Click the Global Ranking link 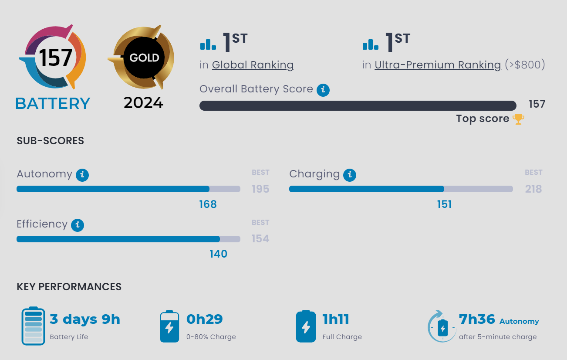tap(253, 65)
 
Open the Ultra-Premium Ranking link tap(437, 65)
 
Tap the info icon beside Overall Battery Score tap(323, 90)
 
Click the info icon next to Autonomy tap(82, 175)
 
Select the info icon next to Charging tap(349, 175)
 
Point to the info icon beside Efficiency tap(78, 225)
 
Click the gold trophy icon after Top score tap(518, 119)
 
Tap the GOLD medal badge tap(144, 58)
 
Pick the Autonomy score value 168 tap(208, 204)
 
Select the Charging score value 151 tap(444, 204)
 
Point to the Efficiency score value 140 tap(218, 254)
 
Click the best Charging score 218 tap(533, 189)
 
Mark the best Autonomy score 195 tap(260, 189)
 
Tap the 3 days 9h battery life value tap(85, 319)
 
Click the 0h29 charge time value tap(204, 319)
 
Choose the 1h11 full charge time tap(336, 319)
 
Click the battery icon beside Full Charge tap(306, 326)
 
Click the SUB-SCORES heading tap(50, 141)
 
